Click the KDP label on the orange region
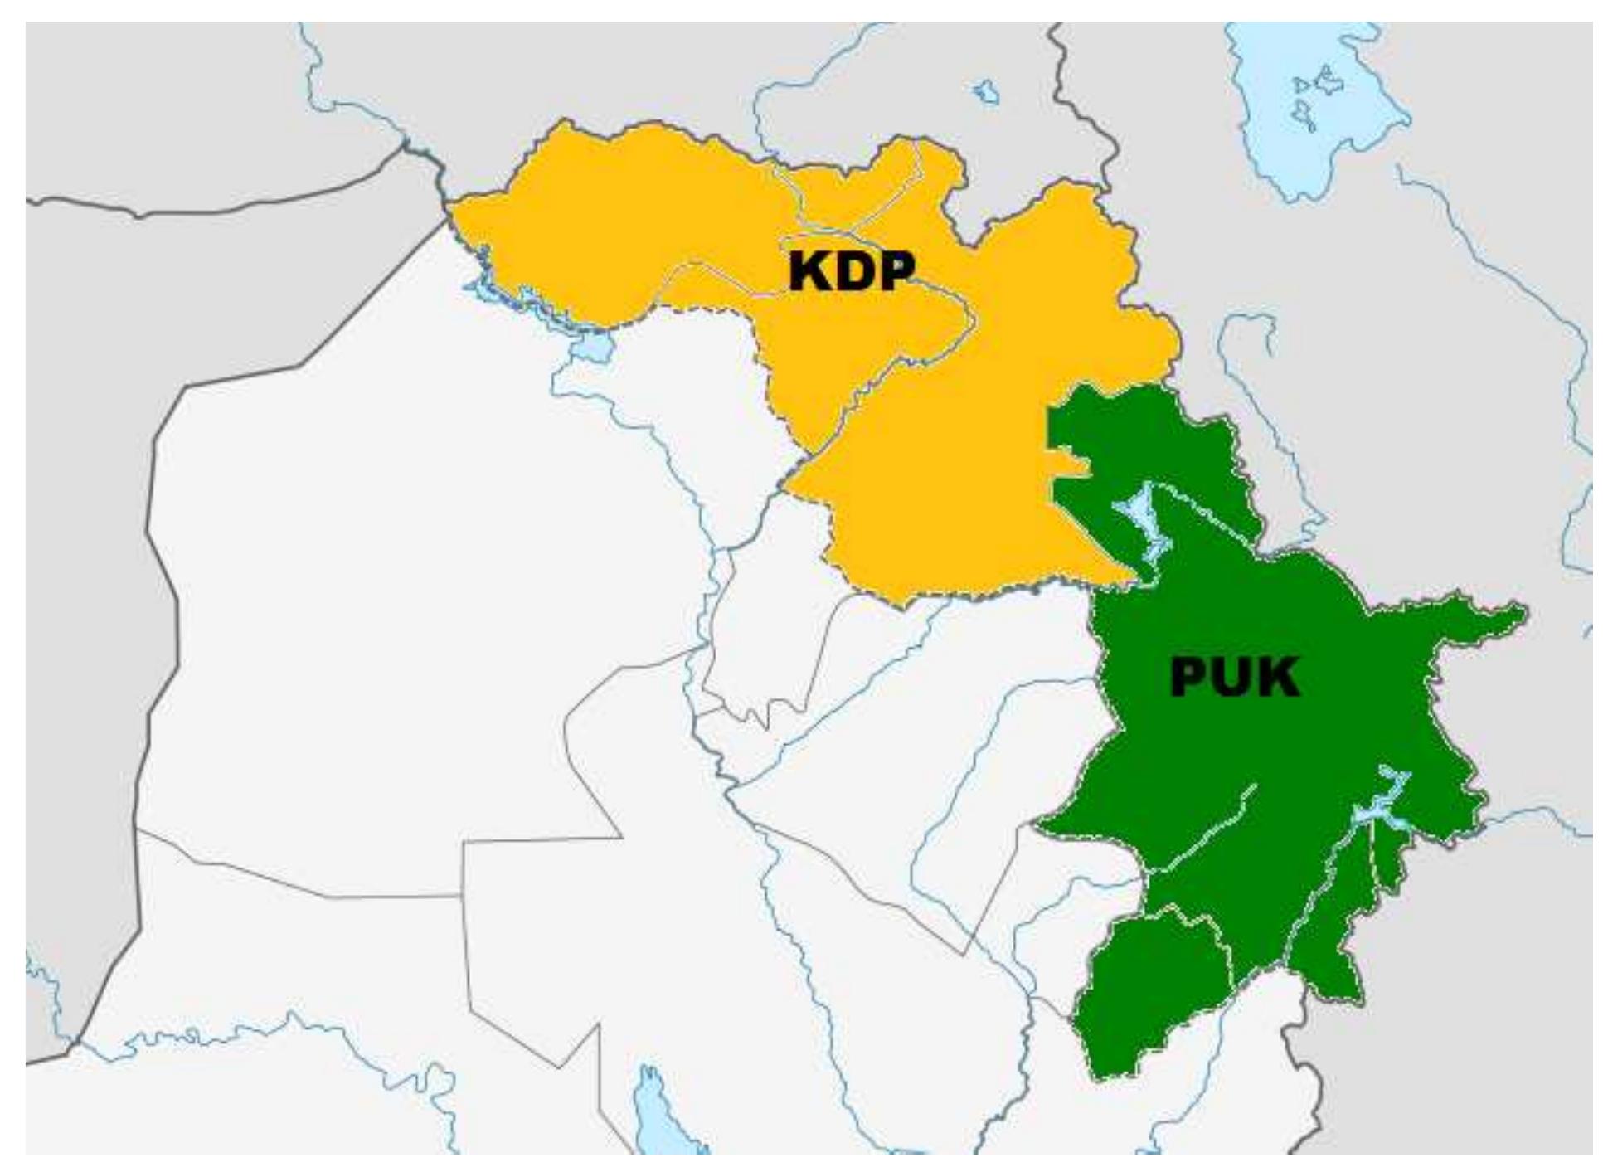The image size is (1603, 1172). pos(851,271)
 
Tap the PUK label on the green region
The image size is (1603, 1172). pos(1234,678)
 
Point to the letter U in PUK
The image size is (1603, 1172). pos(1233,678)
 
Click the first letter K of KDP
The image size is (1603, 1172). pos(809,271)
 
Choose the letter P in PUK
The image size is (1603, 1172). pos(1191,678)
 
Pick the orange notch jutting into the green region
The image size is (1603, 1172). pos(1070,464)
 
